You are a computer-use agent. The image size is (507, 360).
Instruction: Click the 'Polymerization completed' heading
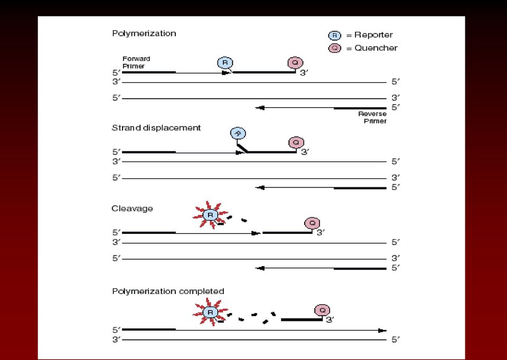point(168,291)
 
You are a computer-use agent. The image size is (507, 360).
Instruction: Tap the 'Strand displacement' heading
point(156,128)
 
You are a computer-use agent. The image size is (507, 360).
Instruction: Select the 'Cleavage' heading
point(132,209)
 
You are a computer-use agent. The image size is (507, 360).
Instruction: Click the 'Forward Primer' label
point(136,62)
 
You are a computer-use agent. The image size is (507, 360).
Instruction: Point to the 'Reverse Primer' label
point(372,118)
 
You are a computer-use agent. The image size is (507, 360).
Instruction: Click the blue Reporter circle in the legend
point(335,35)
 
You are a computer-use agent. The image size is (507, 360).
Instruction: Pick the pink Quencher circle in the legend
point(335,49)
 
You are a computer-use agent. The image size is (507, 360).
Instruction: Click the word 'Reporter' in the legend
point(373,35)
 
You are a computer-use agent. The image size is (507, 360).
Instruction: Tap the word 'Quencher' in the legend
point(376,48)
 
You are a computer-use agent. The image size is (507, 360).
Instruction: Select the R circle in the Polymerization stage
point(225,62)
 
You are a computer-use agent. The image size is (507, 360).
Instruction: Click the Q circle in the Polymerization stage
point(295,62)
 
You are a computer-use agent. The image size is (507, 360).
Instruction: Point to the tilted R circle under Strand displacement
point(238,133)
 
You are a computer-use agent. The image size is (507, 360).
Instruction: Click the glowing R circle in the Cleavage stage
point(210,215)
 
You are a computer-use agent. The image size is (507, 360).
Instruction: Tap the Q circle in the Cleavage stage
point(312,223)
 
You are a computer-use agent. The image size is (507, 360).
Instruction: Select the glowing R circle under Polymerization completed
point(210,312)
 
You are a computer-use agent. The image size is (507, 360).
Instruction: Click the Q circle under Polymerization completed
point(322,310)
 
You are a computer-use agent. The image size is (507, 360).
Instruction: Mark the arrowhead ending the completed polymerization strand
point(382,330)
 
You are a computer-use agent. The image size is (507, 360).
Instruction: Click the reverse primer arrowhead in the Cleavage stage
point(260,268)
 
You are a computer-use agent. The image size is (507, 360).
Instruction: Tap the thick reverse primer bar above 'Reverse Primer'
point(360,108)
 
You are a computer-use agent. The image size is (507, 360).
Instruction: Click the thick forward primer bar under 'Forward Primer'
point(149,72)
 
